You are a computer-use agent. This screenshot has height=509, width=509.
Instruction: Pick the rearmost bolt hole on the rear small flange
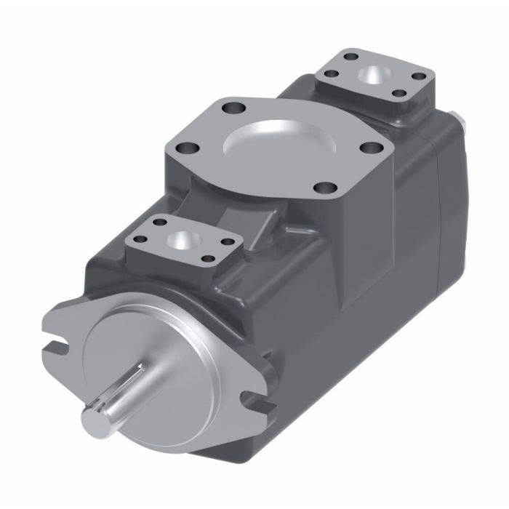pyautogui.click(x=353, y=57)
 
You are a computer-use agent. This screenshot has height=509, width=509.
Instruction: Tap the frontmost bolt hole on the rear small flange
pyautogui.click(x=398, y=92)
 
